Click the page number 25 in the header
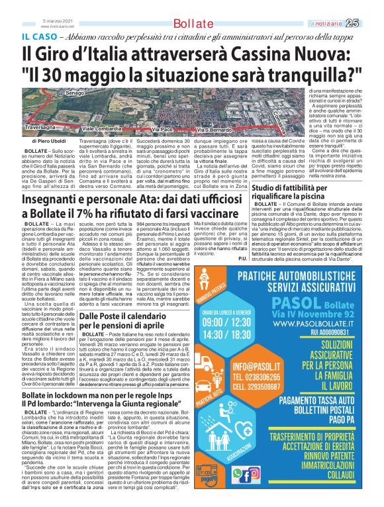[370, 23]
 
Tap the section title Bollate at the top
[191, 24]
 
